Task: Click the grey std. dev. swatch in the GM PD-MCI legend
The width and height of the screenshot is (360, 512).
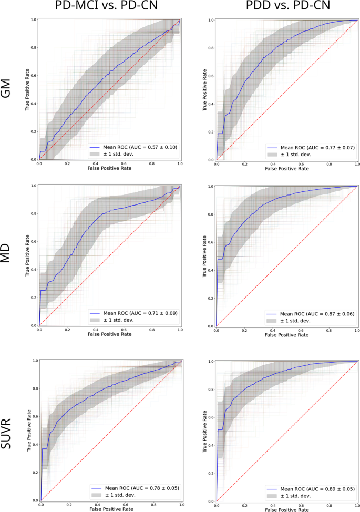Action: click(x=95, y=154)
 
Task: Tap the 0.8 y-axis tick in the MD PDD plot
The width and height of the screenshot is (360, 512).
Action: click(x=210, y=214)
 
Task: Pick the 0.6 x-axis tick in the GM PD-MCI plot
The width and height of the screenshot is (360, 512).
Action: click(x=124, y=164)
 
